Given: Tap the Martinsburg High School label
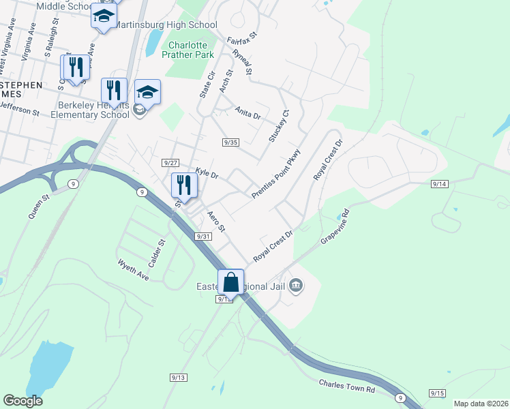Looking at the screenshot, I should [166, 25].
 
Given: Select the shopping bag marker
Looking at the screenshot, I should [231, 282].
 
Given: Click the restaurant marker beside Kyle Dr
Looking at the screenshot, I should [183, 185].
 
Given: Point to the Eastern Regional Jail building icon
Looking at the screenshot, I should [295, 284].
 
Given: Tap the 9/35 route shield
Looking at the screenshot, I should [230, 142].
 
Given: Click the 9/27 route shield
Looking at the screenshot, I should [170, 162].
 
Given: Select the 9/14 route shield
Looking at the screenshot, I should [440, 184].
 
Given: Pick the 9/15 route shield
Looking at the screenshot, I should [437, 393].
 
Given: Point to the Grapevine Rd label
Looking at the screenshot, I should [335, 226].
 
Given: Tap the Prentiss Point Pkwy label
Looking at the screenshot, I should [276, 174].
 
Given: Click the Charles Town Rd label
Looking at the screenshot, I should [347, 386].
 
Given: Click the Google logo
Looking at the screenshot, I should [22, 401].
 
